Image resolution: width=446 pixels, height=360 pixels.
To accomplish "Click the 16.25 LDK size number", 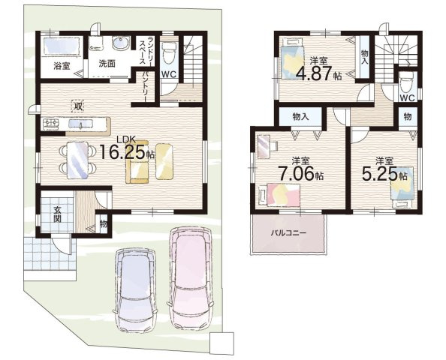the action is pyautogui.click(x=123, y=152).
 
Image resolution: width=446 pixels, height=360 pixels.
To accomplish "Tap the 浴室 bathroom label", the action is pyautogui.click(x=62, y=67).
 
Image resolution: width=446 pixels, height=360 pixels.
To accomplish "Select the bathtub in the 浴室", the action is pyautogui.click(x=62, y=46).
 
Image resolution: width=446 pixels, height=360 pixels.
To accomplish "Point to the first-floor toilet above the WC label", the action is pyautogui.click(x=169, y=52).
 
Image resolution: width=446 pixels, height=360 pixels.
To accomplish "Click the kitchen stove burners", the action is pyautogui.click(x=51, y=124).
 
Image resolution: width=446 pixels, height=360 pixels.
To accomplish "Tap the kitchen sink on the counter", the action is pyautogui.click(x=80, y=124).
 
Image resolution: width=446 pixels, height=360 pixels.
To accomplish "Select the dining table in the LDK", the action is pyautogui.click(x=77, y=160).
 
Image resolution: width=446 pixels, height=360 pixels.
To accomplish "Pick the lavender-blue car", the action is pyautogui.click(x=135, y=289).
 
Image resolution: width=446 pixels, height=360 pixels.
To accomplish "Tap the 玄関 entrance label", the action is pyautogui.click(x=58, y=214).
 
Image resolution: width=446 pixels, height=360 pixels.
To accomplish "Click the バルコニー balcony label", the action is pyautogui.click(x=288, y=233).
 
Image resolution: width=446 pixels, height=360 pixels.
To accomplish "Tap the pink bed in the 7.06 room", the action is pyautogui.click(x=279, y=195).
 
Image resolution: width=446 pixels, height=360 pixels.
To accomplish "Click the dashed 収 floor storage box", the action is pyautogui.click(x=77, y=106).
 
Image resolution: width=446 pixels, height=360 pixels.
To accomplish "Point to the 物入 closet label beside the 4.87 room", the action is pyautogui.click(x=364, y=57).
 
